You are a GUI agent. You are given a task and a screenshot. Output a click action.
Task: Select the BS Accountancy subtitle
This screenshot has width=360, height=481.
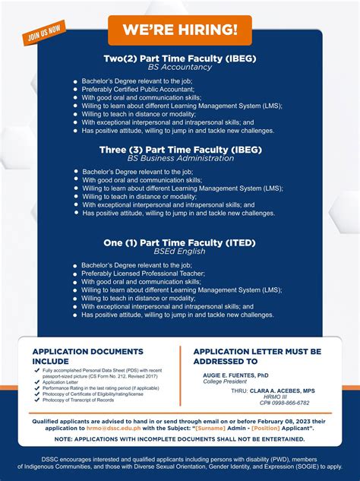tap(180, 67)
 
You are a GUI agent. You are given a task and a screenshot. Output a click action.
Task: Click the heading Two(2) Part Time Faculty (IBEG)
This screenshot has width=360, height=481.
tap(180, 58)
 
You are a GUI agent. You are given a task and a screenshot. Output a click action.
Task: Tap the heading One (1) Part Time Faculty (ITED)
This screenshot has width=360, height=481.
tap(180, 243)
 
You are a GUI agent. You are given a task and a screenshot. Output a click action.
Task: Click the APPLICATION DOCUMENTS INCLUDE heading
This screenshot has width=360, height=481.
tap(87, 356)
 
